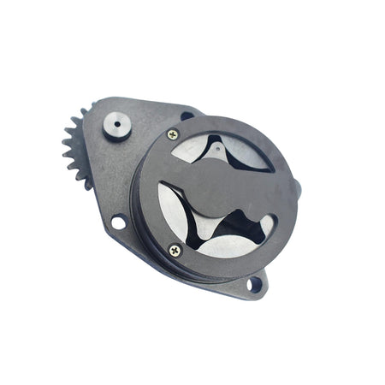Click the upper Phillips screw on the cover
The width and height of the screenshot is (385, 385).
pos(173,134)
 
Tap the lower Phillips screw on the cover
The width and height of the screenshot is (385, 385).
pos(175,250)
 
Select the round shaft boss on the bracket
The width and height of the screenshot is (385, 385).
pos(117,125)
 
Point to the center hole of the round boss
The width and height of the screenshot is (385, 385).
pos(117,124)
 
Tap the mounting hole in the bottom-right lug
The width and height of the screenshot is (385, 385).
pos(254,283)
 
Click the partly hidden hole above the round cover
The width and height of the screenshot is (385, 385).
pos(187,115)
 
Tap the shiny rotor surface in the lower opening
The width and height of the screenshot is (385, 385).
pos(224,246)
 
